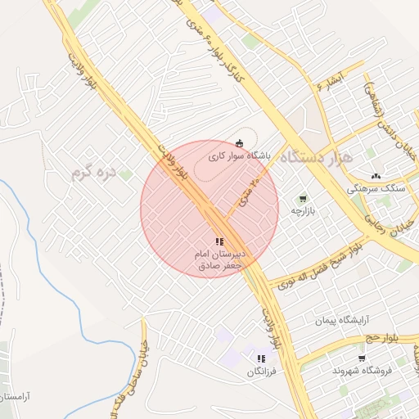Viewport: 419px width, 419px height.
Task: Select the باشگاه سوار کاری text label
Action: [x=239, y=155]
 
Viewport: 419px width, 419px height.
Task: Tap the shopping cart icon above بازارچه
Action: [x=303, y=198]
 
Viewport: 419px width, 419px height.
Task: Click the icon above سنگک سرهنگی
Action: [x=376, y=175]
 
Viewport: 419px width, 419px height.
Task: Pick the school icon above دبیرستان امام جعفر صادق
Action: [x=219, y=241]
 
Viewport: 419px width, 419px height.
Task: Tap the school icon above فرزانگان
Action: [x=261, y=358]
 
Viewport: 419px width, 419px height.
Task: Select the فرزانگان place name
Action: [x=261, y=372]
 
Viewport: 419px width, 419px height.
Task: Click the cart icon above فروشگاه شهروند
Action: [x=362, y=358]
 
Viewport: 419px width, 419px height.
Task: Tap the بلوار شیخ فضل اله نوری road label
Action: [x=316, y=269]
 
